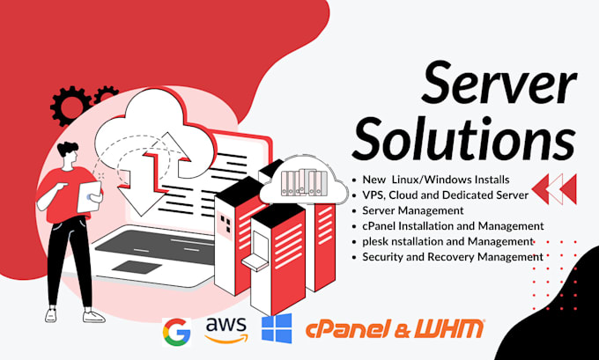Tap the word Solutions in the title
tap(470, 140)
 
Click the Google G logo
tap(176, 330)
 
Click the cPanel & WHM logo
tap(395, 329)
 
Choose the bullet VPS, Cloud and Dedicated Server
tap(445, 195)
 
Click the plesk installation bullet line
tap(447, 241)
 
